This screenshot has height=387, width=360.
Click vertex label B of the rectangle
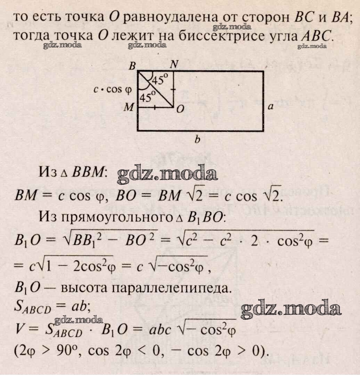click(132, 66)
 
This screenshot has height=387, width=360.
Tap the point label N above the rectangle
click(174, 64)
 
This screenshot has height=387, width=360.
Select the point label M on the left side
click(129, 107)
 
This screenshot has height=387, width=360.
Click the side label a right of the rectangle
click(270, 107)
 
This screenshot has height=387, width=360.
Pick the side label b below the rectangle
click(197, 139)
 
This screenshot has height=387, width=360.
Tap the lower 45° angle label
click(147, 97)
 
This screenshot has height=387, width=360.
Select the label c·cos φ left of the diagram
click(113, 89)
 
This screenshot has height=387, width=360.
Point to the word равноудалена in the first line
click(170, 17)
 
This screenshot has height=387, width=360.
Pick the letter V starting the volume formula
click(19, 329)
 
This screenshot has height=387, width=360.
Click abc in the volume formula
click(160, 329)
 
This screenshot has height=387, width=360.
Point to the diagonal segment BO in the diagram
click(155, 89)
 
